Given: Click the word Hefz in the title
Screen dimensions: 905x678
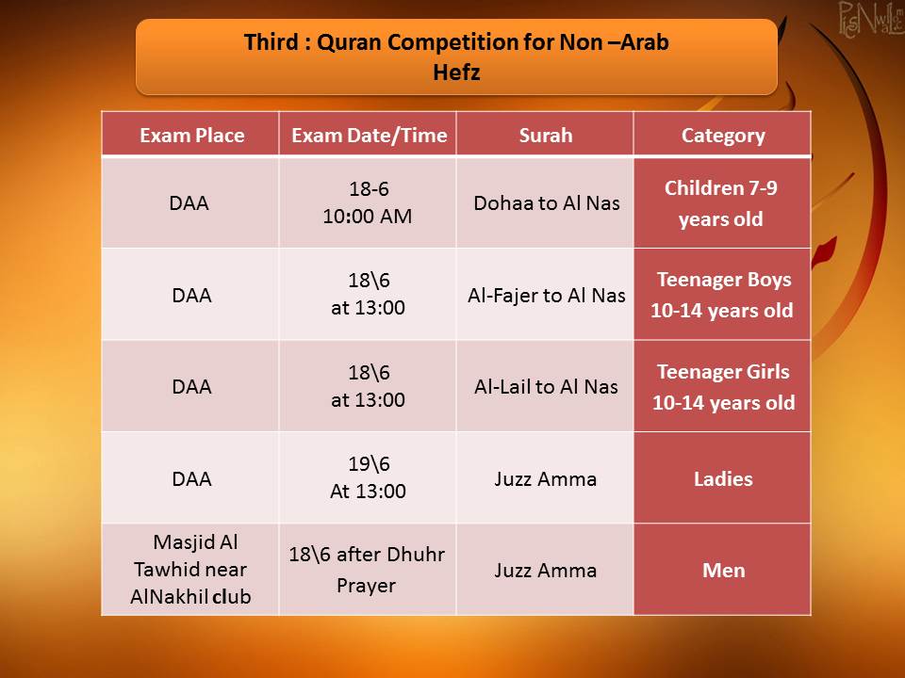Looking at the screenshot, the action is tap(456, 73).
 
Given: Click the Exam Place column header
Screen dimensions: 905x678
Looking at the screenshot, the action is tap(191, 136).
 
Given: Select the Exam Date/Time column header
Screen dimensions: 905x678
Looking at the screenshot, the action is tap(369, 136).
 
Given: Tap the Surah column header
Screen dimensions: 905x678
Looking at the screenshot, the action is tap(546, 136).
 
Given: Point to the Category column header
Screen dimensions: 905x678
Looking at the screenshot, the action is tap(723, 136).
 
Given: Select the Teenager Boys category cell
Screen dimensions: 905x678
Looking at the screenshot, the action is tap(722, 295).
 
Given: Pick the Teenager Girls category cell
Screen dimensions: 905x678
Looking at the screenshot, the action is tap(723, 387).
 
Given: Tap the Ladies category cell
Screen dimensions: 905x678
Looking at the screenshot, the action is tap(723, 479).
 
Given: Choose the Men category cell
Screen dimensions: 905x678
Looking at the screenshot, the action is tap(724, 571).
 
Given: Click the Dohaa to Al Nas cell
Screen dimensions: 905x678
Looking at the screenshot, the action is tap(547, 203).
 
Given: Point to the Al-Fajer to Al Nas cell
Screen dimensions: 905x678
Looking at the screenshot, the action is tap(547, 295).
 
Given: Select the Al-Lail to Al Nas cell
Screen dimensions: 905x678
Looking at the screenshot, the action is tap(546, 387).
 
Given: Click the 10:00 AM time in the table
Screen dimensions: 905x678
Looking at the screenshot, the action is tap(368, 217).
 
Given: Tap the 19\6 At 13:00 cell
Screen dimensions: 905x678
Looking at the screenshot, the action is tap(369, 477).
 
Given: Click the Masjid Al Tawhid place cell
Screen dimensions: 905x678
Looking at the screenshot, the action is tap(191, 569).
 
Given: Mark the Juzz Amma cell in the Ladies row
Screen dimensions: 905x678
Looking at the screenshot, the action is tap(546, 479).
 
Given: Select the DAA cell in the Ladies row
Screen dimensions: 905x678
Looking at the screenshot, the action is tap(191, 479).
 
